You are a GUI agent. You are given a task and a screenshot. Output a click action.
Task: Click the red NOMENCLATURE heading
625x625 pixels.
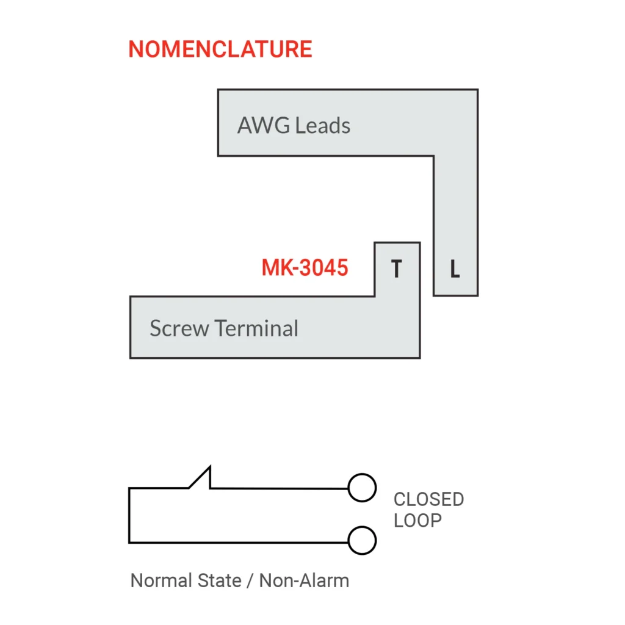pyautogui.click(x=220, y=49)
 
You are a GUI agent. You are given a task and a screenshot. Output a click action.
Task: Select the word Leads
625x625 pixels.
pyautogui.click(x=322, y=126)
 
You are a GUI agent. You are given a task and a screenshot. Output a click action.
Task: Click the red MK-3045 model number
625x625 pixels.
pyautogui.click(x=305, y=267)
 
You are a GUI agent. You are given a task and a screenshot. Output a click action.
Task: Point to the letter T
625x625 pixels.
pyautogui.click(x=397, y=269)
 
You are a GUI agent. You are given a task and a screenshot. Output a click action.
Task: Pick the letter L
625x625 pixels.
pyautogui.click(x=455, y=269)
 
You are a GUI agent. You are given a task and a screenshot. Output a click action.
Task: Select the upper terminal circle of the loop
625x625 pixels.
pyautogui.click(x=361, y=488)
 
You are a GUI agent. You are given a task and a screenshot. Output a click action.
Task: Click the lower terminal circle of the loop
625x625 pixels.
pyautogui.click(x=361, y=541)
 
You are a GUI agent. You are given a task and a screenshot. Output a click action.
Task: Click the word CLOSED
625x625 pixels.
pyautogui.click(x=428, y=499)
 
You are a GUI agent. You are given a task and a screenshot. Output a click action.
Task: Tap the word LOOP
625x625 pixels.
pyautogui.click(x=417, y=521)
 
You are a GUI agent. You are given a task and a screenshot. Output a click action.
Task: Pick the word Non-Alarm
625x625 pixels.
pyautogui.click(x=304, y=580)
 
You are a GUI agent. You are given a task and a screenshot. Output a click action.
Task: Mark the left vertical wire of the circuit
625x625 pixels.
pyautogui.click(x=129, y=516)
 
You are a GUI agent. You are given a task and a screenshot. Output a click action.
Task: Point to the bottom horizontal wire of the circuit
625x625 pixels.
pyautogui.click(x=238, y=542)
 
